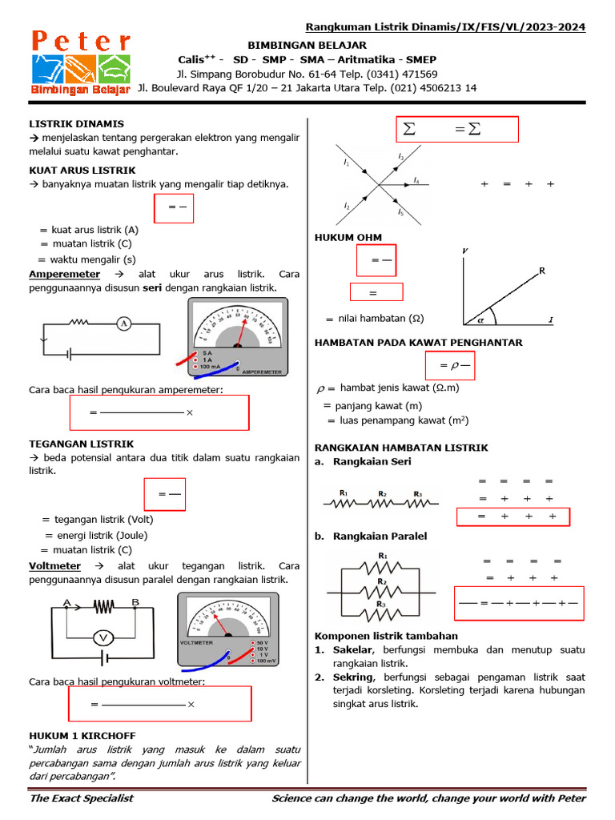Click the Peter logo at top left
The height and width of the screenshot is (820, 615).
click(80, 63)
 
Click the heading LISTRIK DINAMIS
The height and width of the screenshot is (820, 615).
click(77, 124)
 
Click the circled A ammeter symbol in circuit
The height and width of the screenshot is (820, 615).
click(123, 324)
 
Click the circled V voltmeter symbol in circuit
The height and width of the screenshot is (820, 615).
click(102, 637)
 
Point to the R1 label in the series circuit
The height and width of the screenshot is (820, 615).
click(343, 493)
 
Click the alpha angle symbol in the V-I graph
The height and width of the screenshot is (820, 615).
click(481, 319)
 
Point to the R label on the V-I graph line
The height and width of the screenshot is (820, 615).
click(542, 271)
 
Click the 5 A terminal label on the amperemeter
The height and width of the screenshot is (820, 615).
click(207, 352)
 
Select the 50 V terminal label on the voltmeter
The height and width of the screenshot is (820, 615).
click(261, 642)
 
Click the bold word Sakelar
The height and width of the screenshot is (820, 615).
click(352, 649)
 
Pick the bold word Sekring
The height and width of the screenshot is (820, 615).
click(353, 677)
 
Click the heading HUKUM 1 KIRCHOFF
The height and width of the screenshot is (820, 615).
click(82, 735)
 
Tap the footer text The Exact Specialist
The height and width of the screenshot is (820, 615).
click(81, 798)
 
